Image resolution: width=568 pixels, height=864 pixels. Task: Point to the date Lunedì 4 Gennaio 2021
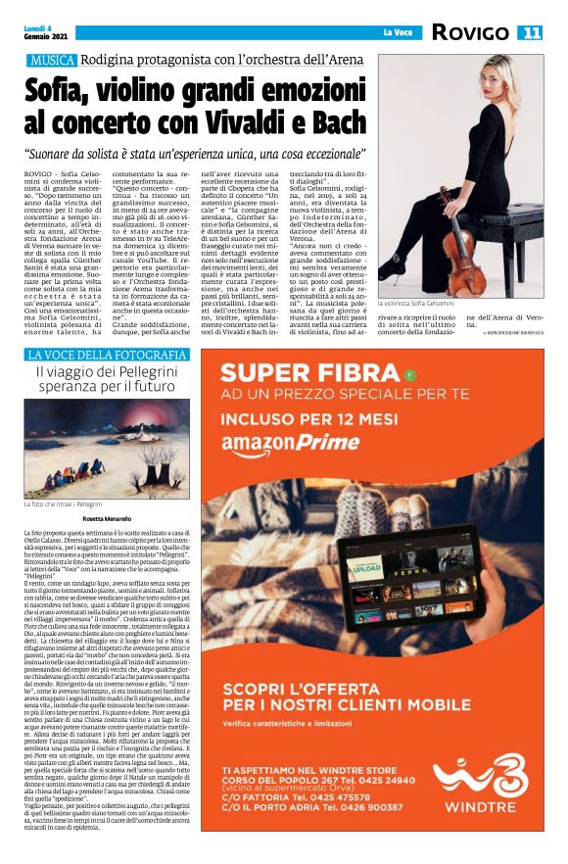(x=45, y=31)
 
